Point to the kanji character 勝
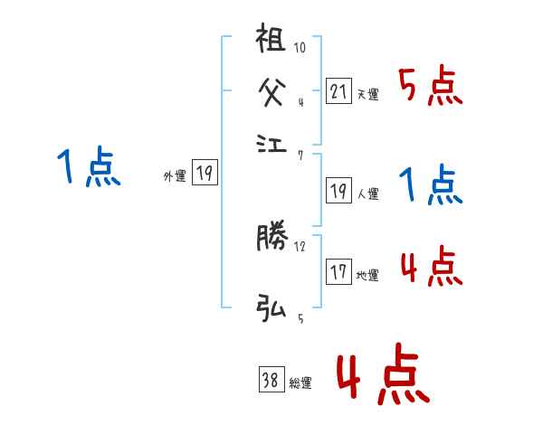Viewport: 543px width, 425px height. coord(271,239)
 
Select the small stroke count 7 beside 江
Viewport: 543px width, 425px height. coord(300,156)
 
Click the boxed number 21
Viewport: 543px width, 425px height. coord(338,90)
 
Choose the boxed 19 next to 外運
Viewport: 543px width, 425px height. coord(205,173)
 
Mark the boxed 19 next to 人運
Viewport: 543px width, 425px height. coord(338,190)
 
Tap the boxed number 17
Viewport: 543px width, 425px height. coord(338,272)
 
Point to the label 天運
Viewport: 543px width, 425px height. coord(367,94)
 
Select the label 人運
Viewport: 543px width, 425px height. coord(367,194)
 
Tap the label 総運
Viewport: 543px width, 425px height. coord(300,383)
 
